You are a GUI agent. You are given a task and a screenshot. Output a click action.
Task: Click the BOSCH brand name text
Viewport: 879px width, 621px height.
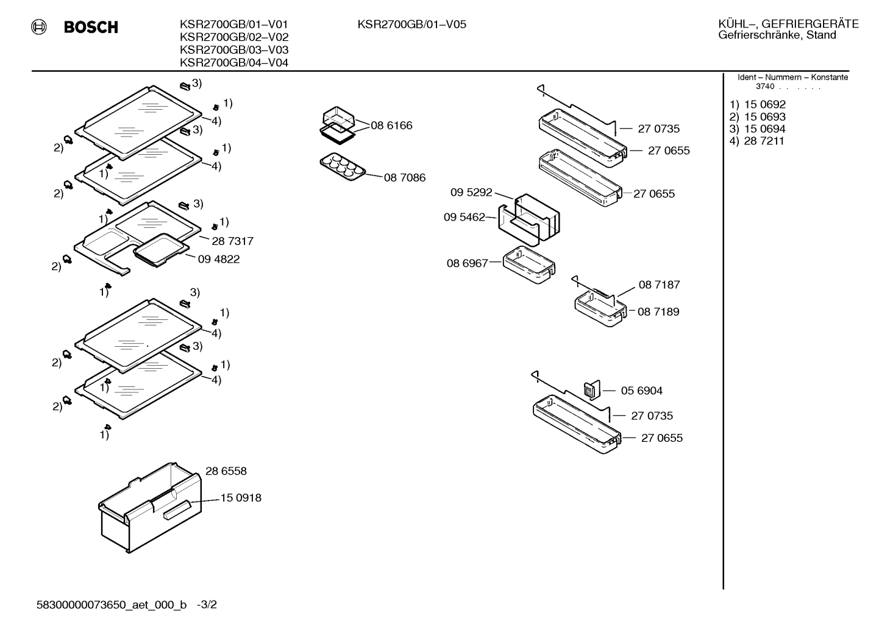coord(91,27)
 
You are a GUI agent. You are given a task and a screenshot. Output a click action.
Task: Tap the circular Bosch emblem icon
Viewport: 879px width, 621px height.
coord(39,27)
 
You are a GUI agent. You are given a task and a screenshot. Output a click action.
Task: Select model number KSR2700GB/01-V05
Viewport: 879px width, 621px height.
coord(411,24)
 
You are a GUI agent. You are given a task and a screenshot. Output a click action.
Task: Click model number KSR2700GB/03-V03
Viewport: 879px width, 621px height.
coord(234,50)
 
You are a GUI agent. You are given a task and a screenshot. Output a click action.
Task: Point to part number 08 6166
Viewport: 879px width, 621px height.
coord(391,126)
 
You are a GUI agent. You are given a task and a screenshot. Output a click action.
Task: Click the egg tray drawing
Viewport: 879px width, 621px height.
coord(343,166)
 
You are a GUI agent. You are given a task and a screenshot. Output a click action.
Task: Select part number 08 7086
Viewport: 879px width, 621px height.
coord(405,178)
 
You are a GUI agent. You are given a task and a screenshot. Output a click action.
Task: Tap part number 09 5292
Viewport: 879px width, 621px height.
coord(471,192)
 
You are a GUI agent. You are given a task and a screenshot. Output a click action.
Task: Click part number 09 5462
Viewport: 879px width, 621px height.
coord(464,217)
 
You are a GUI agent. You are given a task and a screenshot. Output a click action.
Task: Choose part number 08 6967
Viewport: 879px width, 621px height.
coord(467,263)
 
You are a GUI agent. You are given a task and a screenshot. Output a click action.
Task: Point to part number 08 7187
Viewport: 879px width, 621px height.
coord(660,285)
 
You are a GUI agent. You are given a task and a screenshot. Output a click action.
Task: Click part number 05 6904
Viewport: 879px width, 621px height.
coord(642,391)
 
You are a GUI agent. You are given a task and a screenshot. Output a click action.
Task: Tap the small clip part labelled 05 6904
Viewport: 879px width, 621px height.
coord(592,390)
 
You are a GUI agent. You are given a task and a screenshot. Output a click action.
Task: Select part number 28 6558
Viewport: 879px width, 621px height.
coord(226,471)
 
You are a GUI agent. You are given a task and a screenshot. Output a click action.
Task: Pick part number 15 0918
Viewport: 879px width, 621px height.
coord(241,498)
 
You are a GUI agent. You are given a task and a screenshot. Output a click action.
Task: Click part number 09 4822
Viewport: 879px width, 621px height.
coord(219,259)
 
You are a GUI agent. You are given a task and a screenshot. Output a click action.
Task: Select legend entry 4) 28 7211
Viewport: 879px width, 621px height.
coord(756,141)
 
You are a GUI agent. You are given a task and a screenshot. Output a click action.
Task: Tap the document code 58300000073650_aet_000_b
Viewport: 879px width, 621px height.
coord(112,605)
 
